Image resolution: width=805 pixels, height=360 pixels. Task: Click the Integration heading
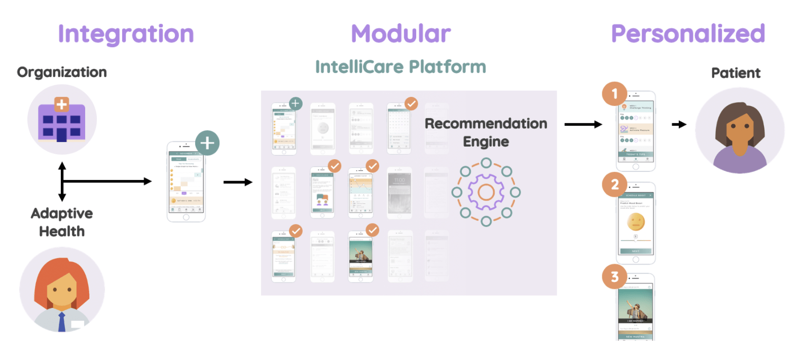(126, 34)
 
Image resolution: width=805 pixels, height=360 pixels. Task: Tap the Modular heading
(401, 34)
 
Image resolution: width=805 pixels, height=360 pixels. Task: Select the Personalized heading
(688, 34)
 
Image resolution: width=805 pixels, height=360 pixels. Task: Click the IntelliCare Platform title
(400, 67)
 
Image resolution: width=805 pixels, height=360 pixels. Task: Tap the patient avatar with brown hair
(740, 131)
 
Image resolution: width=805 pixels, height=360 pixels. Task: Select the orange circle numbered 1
(615, 94)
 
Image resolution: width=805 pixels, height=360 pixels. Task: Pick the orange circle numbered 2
(615, 185)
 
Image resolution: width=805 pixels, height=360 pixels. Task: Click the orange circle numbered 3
(615, 277)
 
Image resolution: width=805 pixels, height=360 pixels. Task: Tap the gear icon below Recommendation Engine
(486, 192)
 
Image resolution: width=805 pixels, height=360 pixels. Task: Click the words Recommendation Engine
(486, 132)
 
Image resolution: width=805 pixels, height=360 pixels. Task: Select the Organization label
(62, 73)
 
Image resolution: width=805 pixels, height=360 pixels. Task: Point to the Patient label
(736, 74)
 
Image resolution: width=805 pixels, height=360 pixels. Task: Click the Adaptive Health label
(62, 222)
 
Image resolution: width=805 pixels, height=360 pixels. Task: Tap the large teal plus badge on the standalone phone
(207, 143)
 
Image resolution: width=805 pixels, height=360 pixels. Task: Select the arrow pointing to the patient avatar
(679, 124)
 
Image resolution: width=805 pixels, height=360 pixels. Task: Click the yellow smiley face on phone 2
(636, 222)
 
